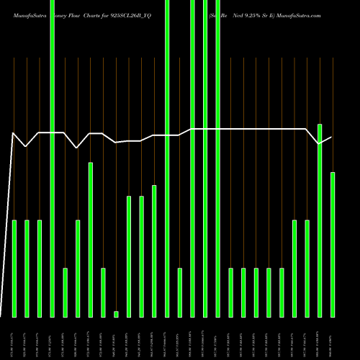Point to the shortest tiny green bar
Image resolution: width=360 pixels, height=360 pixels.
tap(116, 314)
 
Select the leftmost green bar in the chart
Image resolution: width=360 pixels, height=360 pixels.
tap(14, 268)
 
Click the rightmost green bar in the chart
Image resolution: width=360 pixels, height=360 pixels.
tap(333, 245)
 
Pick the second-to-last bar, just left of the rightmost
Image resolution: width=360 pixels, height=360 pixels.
tap(320, 220)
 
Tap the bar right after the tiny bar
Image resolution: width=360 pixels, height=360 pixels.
tap(129, 256)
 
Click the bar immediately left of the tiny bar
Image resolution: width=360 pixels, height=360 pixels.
tap(103, 292)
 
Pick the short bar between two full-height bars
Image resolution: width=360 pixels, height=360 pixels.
tap(180, 292)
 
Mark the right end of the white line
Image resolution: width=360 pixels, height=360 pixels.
tap(331, 138)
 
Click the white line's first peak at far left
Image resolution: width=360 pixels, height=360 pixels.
tap(14, 133)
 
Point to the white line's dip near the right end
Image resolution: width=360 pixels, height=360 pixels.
tap(320, 144)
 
